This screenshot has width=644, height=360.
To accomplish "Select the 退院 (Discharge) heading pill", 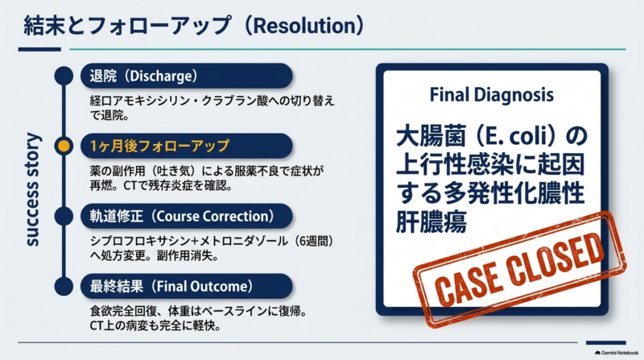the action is (x=187, y=76).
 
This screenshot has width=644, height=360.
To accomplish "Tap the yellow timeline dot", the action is (x=64, y=146).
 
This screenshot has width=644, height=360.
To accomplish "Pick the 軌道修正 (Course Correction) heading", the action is (x=187, y=216).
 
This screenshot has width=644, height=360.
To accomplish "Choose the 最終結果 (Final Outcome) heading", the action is (x=187, y=287).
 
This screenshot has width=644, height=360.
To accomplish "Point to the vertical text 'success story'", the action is (x=32, y=189).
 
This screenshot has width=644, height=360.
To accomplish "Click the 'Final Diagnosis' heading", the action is (x=492, y=95).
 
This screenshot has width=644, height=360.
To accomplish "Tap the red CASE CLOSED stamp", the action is (x=519, y=270).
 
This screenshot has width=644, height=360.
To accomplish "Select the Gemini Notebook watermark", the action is (x=617, y=353).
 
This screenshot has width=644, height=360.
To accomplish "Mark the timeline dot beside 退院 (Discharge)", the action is (x=64, y=76).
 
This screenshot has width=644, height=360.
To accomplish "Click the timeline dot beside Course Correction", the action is (x=64, y=216).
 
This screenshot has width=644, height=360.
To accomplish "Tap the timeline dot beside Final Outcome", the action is (x=64, y=287).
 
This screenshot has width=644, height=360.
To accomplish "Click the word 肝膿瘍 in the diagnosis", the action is (x=431, y=223).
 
